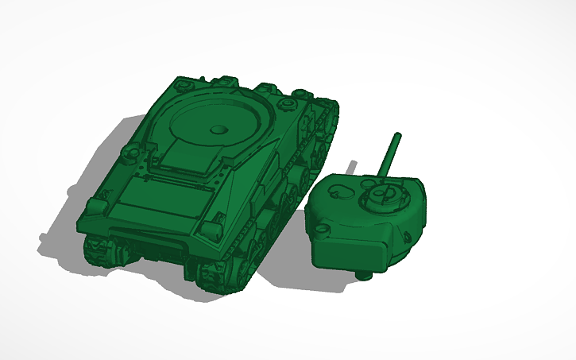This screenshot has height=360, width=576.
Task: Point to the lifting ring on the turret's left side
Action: tap(322, 230)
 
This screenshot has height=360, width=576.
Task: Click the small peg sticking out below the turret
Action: tap(365, 276)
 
